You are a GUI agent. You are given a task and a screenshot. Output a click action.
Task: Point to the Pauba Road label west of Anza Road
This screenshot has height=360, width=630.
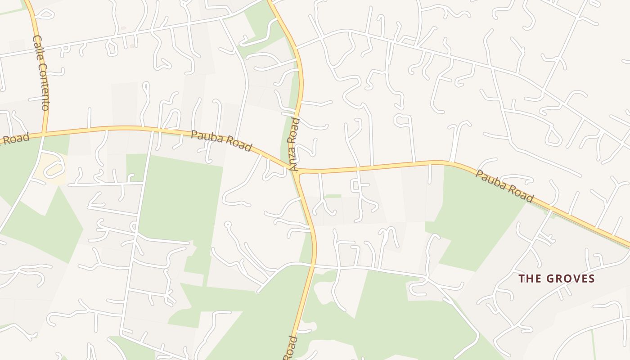pos(221,141)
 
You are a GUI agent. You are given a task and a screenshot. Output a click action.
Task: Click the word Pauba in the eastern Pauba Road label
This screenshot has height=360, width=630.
pos(490,179)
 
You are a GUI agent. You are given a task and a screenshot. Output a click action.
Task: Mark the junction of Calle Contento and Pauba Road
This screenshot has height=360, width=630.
pos(44,134)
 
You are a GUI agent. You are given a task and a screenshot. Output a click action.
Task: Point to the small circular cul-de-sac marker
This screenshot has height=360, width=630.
pos(228,224)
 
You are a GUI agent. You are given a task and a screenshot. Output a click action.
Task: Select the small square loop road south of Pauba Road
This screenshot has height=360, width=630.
pos(356,185)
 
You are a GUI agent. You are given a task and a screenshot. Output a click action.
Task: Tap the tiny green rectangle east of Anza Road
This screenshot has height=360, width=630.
pos(333,196)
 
